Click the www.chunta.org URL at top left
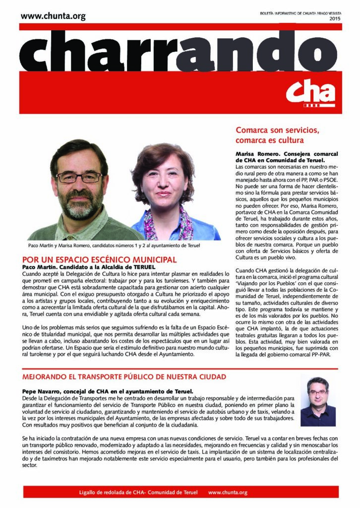click(x=53, y=16)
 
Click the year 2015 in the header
click(x=334, y=19)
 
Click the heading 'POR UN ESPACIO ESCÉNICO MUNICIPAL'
click(x=100, y=259)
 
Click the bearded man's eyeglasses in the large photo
click(x=79, y=177)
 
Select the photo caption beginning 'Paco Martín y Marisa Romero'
click(x=114, y=246)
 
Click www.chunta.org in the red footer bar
click(x=228, y=493)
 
